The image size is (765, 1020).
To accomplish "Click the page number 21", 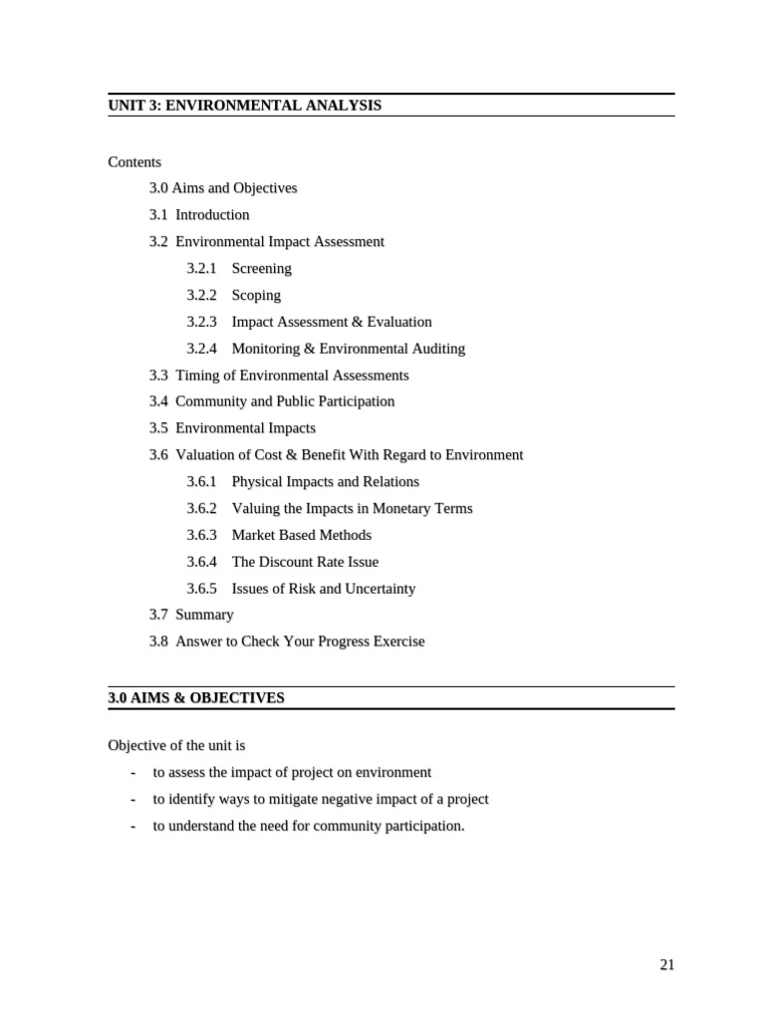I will point(666,964).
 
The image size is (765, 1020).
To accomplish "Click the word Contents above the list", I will point(134,161).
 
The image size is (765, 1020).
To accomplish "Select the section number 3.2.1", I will point(201,268).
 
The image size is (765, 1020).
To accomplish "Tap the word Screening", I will point(262,268).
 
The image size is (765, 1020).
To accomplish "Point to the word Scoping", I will point(256,295).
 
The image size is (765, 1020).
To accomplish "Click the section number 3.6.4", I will point(201,562).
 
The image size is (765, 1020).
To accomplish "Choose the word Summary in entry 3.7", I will point(205,615).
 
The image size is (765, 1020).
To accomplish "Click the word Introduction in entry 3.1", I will point(212,214).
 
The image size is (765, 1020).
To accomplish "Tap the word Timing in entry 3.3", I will point(195,376).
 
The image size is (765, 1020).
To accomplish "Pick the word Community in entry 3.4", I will point(208,401).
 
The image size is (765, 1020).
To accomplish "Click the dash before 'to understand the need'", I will point(132,826).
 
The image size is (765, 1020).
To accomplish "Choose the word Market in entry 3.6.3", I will point(252,535).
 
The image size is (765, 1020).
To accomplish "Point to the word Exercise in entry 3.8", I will point(396,641).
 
